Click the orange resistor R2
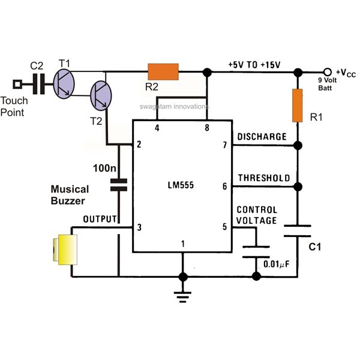click(163, 71)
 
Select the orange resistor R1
click(298, 106)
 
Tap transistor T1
click(64, 84)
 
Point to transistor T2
click(101, 95)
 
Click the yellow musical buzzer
click(65, 250)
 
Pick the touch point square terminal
click(17, 84)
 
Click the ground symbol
click(183, 297)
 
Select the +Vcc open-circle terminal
click(328, 72)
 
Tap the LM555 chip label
click(181, 185)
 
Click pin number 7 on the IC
click(225, 145)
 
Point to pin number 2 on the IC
click(139, 145)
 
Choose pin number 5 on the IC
click(225, 227)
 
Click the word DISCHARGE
click(262, 137)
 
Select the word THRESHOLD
click(264, 178)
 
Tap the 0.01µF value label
click(277, 264)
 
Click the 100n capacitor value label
click(104, 168)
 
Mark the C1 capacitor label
click(314, 247)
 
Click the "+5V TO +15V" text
click(254, 65)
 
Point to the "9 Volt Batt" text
click(327, 84)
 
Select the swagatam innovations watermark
click(174, 107)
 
